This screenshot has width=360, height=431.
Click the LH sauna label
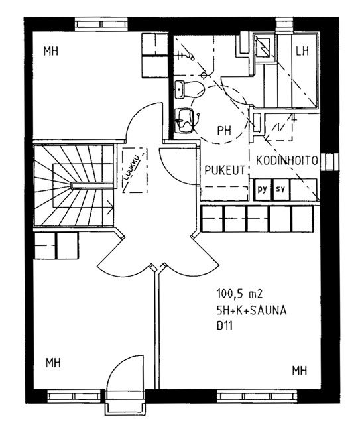pos(302,51)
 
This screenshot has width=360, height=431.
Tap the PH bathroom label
pos(224,131)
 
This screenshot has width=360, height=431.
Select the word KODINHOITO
pos(286,160)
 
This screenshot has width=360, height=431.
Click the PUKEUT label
pos(225,170)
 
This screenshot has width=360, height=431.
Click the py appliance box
pos(263,190)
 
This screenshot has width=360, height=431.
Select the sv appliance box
pos(281,190)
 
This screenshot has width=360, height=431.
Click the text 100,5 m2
pos(239,294)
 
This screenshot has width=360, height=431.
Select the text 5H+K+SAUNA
pos(251,310)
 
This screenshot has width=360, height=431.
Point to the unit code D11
pos(225,326)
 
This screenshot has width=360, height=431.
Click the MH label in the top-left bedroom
pos(51,51)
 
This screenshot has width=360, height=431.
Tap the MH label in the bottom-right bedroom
pos(299,371)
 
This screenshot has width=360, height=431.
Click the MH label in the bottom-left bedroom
pos(53,363)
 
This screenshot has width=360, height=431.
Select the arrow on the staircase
pos(110,208)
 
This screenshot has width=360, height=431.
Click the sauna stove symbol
pos(263,47)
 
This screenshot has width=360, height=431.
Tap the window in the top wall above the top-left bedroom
pos(101,24)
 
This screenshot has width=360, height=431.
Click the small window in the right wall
pos(330,162)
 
